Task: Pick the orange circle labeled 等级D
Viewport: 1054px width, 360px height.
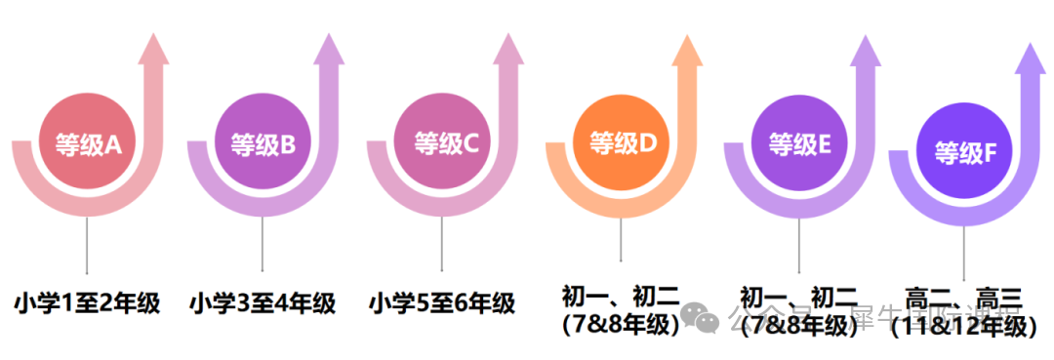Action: (623, 145)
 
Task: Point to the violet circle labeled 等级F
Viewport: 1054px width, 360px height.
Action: (965, 153)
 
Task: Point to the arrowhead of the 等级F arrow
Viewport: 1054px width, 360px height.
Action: (1033, 59)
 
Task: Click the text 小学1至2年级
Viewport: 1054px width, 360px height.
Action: (87, 303)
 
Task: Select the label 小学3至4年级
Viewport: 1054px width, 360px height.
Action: (263, 303)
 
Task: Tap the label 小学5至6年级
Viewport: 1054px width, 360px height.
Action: (442, 303)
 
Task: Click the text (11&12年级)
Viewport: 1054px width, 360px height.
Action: (963, 327)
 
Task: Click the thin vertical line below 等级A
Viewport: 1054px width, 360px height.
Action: (88, 244)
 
